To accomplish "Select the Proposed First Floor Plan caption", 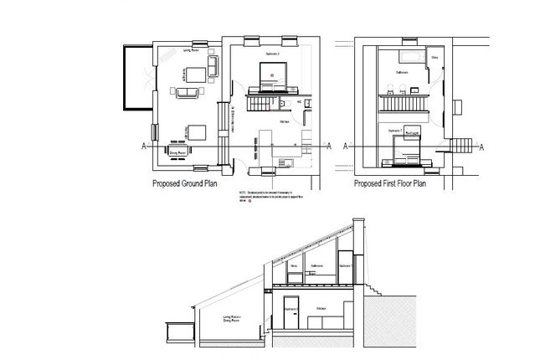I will coord(391,183).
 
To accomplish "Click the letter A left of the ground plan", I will coord(146,147).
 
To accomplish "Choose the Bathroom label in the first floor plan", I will coord(401,73).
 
